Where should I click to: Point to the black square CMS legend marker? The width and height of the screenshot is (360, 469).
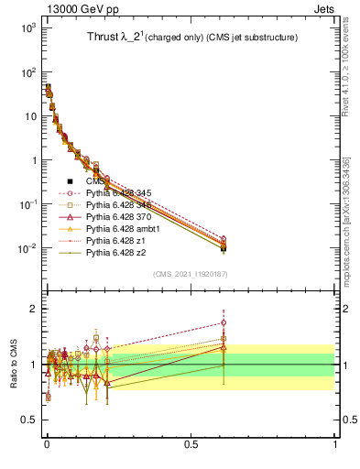(x=71, y=181)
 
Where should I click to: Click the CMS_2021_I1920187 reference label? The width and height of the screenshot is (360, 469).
(x=189, y=274)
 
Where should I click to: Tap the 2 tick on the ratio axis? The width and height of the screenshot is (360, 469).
(x=35, y=309)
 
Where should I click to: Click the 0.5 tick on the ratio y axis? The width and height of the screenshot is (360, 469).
(x=29, y=420)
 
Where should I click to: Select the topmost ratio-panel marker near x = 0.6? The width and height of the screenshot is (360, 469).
(x=224, y=322)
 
